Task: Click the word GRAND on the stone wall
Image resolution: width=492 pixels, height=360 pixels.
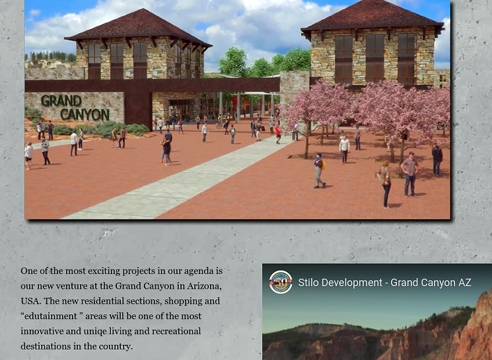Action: [x=61, y=101]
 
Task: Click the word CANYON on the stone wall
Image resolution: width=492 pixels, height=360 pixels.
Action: [x=85, y=114]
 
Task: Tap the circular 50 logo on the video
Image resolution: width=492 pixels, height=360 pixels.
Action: [x=281, y=282]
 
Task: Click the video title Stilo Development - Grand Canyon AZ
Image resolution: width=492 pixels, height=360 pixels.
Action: [x=384, y=283]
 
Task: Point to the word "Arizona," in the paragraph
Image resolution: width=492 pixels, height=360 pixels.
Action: [x=204, y=286]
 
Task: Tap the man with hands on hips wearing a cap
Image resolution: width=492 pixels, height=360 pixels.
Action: [x=410, y=174]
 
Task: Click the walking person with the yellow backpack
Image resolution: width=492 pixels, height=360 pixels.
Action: [x=320, y=170]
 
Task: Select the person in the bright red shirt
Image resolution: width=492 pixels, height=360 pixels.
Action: [x=277, y=134]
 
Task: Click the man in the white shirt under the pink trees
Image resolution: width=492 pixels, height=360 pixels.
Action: [x=344, y=149]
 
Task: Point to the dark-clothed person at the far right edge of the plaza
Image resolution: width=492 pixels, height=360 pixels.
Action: [x=437, y=160]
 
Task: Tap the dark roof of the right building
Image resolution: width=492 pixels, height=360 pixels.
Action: [x=372, y=16]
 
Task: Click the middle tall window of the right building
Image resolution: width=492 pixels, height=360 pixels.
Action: [x=375, y=59]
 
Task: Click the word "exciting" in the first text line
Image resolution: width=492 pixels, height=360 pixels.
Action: [x=104, y=271]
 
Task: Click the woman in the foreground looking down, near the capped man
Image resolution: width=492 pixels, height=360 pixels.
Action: [x=385, y=185]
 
